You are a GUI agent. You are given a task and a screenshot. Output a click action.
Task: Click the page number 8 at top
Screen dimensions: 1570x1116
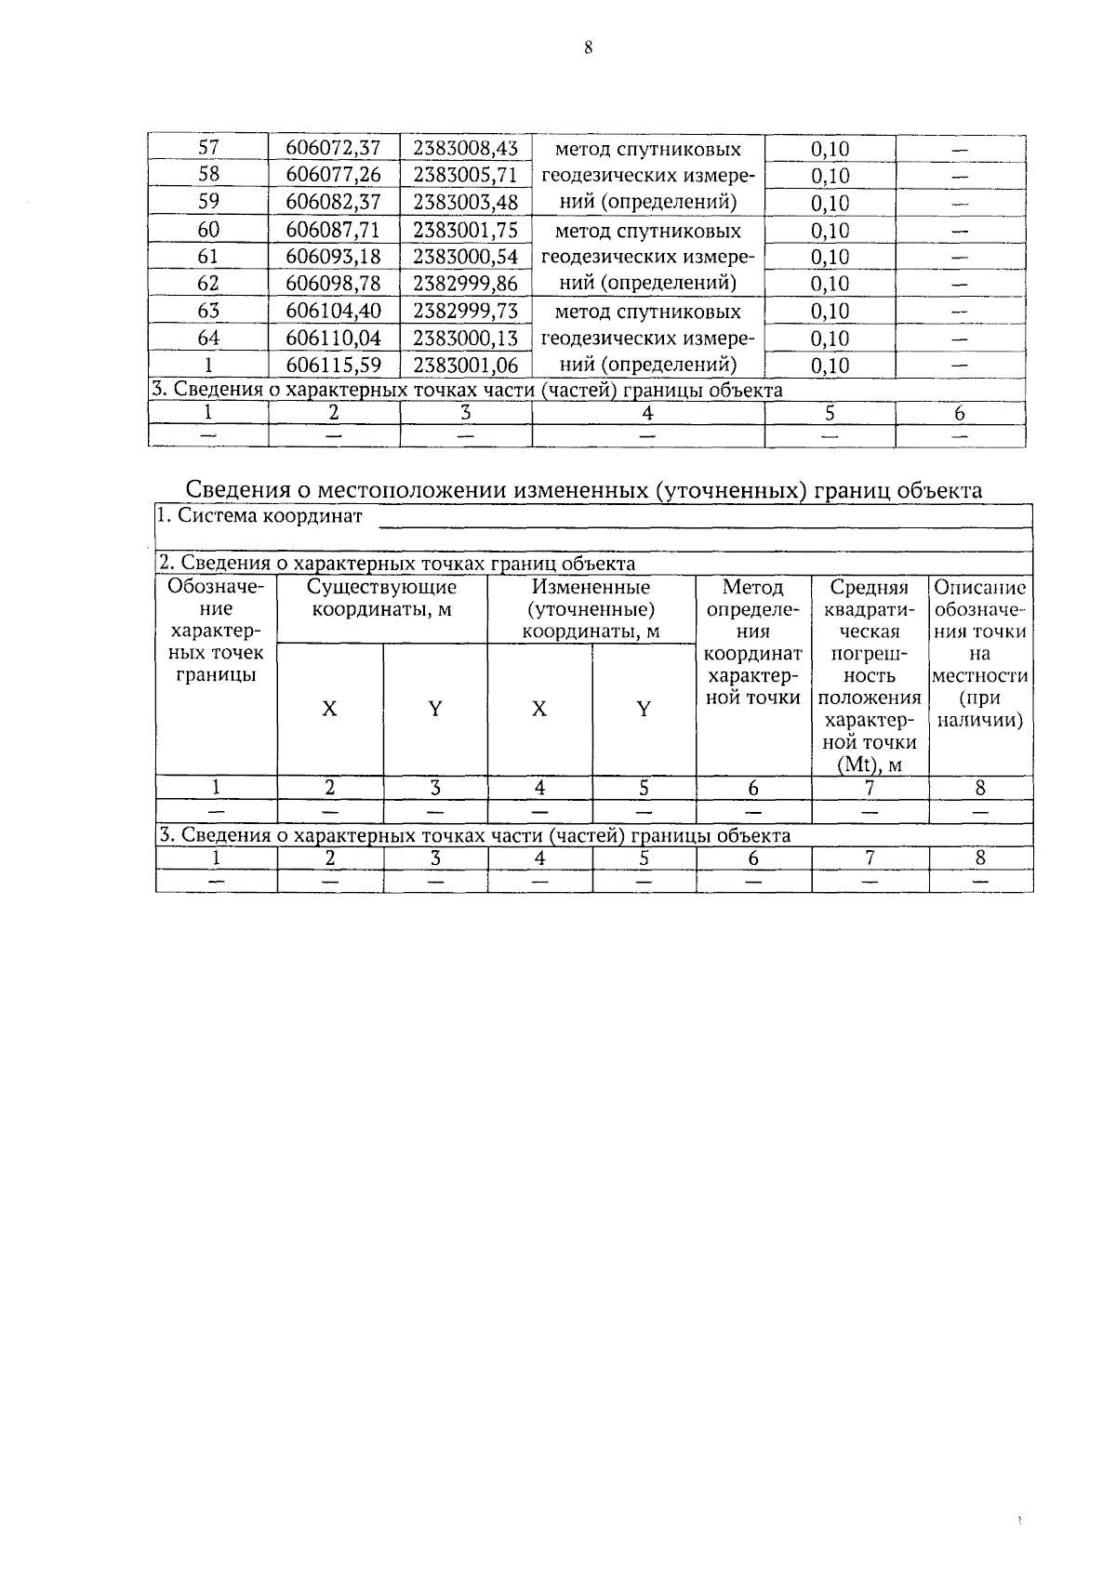pyautogui.click(x=588, y=49)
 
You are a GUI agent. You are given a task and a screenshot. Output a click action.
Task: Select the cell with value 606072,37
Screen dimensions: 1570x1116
pyautogui.click(x=333, y=149)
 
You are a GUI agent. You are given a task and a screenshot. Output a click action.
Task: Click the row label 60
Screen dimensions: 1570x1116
pyautogui.click(x=208, y=230)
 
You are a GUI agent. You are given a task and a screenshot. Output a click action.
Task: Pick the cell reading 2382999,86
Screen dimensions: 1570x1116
pyautogui.click(x=465, y=284)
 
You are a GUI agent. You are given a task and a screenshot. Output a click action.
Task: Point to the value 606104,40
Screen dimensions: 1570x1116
pyautogui.click(x=333, y=311)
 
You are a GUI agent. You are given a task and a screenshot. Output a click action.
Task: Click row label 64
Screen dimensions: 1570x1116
pyautogui.click(x=208, y=338)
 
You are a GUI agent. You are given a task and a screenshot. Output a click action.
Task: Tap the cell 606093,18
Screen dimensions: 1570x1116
pyautogui.click(x=333, y=257)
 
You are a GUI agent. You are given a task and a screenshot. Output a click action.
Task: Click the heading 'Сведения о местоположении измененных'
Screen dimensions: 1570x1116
pyautogui.click(x=584, y=489)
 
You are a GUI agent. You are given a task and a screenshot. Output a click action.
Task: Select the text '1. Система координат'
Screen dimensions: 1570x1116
pyautogui.click(x=260, y=516)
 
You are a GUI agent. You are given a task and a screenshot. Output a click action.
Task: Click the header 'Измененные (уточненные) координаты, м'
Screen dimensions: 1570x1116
pyautogui.click(x=591, y=609)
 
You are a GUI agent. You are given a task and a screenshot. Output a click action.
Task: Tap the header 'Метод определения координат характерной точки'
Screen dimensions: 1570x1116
pyautogui.click(x=753, y=642)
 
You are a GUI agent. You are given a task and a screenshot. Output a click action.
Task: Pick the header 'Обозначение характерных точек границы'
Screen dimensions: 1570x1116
pyautogui.click(x=216, y=631)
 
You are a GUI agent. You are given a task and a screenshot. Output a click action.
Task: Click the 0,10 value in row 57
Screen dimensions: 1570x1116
pyautogui.click(x=830, y=149)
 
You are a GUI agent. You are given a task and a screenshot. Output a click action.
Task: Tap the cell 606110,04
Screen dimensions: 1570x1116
pyautogui.click(x=333, y=338)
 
